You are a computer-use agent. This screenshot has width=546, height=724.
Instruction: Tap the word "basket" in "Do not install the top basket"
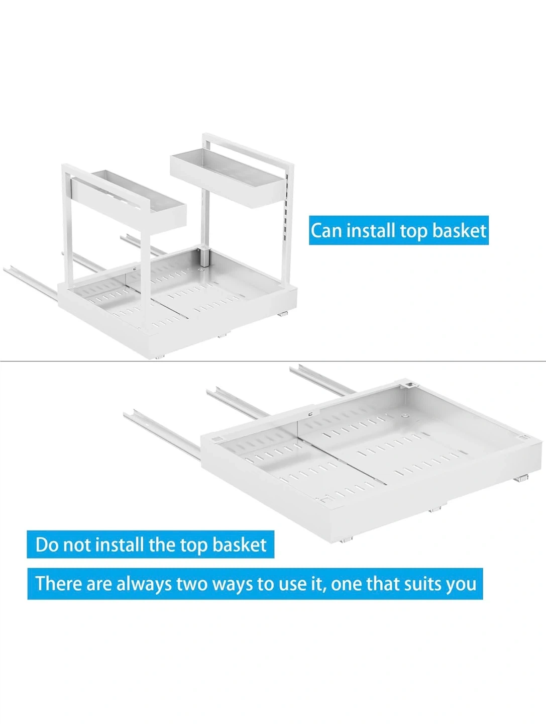click(239, 545)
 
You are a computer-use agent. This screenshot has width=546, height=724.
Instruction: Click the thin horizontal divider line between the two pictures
click(273, 361)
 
